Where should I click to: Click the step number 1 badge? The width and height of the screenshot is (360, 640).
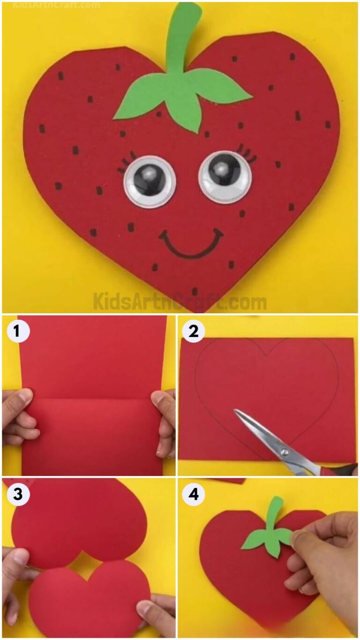pos(17,331)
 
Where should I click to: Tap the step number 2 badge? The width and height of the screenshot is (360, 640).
pos(194,331)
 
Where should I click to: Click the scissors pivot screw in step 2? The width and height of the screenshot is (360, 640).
pos(284,452)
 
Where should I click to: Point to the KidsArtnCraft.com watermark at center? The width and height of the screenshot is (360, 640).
pos(180,301)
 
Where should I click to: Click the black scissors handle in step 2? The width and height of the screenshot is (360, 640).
pos(345,469)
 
